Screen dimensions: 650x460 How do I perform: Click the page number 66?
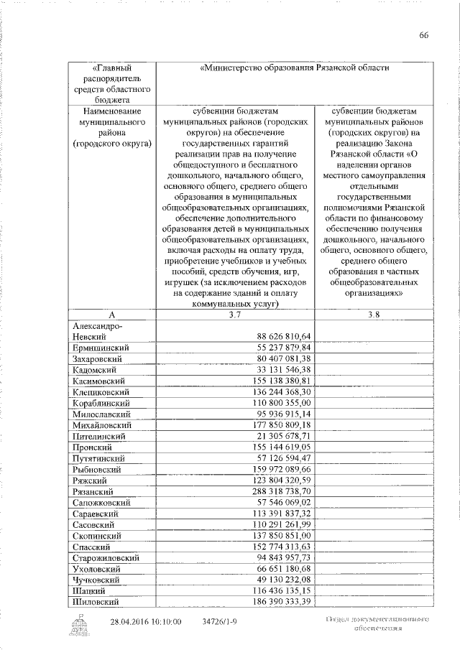pyautogui.click(x=424, y=36)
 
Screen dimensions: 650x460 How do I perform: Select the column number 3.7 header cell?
pyautogui.click(x=235, y=315)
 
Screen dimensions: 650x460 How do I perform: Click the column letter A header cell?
pyautogui.click(x=111, y=315)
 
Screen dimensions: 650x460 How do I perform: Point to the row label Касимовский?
pyautogui.click(x=99, y=380)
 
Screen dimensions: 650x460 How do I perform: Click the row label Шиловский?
pyautogui.click(x=96, y=601)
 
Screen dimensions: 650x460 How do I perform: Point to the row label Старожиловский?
pyautogui.click(x=106, y=557)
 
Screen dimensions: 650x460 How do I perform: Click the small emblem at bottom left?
pyautogui.click(x=77, y=626)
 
